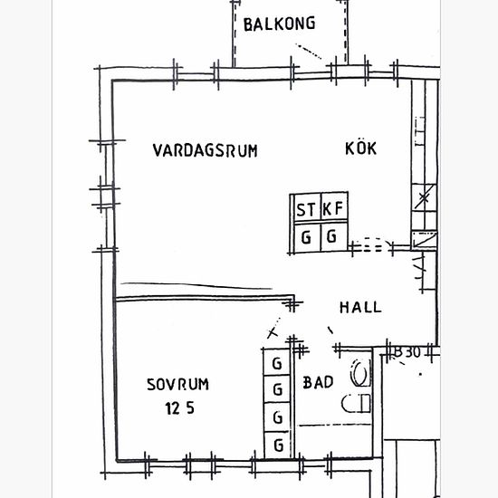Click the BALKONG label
point(279,24)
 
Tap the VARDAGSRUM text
point(206,150)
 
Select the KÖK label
point(360,148)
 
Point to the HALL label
point(360,308)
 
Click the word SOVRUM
point(177,384)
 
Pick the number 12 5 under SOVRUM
point(180,408)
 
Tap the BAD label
point(318,382)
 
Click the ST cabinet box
point(308,208)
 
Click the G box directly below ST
point(308,236)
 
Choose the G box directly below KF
point(334,236)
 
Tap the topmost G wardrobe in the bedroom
point(277,362)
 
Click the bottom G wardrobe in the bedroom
point(278,445)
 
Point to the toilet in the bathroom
point(360,372)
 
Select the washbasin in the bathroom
point(356,403)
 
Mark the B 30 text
point(407,352)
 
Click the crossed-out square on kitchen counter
point(424,197)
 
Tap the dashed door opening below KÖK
point(372,244)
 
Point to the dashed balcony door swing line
point(309,52)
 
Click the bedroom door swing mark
point(273,327)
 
